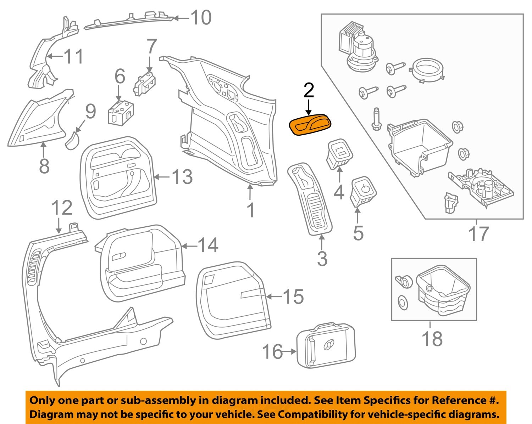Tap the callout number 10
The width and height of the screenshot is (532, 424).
(201, 17)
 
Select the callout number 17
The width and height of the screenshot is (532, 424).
(478, 234)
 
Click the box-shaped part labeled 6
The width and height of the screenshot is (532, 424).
(121, 112)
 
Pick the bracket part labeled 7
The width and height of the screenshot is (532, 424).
(145, 84)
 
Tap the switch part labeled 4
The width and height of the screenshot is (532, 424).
(340, 153)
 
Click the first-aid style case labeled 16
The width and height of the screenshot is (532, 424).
(326, 345)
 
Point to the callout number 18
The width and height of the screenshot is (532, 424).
(432, 339)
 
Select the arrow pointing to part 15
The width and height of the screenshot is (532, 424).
(274, 296)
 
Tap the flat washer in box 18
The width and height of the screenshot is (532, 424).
(403, 303)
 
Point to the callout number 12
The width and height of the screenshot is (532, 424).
(62, 208)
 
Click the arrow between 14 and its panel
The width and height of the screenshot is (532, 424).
(189, 246)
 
